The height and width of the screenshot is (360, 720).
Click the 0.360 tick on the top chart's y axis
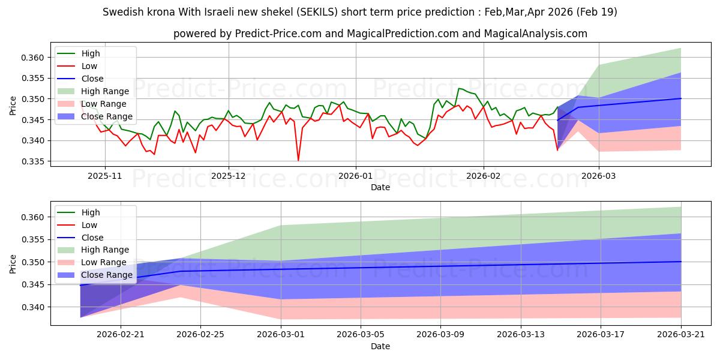32,58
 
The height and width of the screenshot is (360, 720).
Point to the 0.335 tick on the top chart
32,161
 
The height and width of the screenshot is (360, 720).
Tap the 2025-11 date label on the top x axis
105,176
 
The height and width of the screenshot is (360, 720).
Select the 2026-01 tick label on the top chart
355,176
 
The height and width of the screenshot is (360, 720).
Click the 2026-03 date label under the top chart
599,176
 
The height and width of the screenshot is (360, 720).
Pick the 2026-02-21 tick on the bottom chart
121,335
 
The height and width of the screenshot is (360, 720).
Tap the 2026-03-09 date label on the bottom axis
440,335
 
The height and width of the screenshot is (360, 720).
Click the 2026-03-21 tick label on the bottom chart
681,335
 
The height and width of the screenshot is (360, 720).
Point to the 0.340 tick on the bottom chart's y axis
32,308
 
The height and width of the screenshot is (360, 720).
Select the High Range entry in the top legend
105,91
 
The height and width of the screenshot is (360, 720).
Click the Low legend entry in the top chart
89,66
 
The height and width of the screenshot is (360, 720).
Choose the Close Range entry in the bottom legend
107,275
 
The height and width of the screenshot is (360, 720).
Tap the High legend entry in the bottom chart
91,212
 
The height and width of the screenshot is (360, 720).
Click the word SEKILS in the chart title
317,12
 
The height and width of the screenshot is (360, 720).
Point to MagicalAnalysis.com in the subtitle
535,34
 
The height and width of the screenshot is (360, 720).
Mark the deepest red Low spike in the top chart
298,160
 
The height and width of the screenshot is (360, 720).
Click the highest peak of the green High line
459,88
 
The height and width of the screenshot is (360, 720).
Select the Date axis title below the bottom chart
380,346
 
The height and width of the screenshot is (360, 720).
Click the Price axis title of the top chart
13,106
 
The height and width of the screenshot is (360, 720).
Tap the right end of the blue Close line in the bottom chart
681,262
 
